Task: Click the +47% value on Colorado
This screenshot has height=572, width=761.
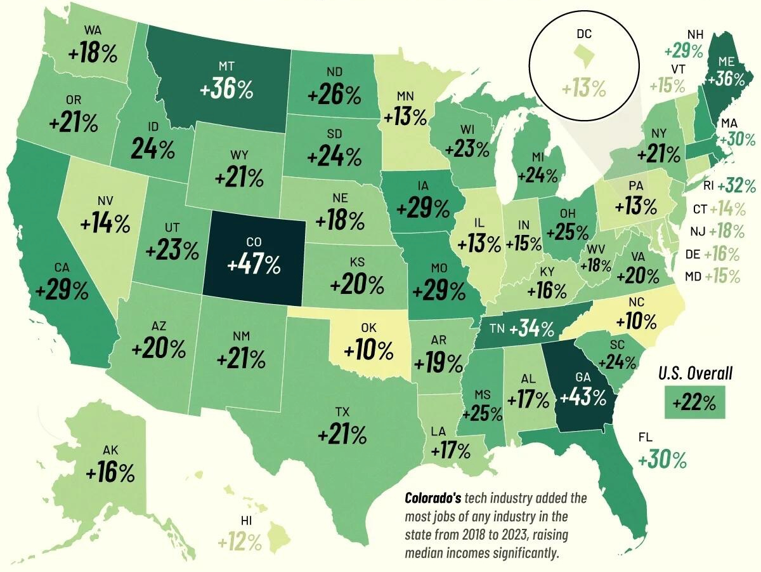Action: point(254,265)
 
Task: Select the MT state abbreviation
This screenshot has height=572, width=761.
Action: point(227,66)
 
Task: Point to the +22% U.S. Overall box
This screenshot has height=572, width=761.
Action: point(694,402)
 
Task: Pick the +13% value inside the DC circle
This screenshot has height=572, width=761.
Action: point(583,88)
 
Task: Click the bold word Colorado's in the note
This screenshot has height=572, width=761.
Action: point(431,497)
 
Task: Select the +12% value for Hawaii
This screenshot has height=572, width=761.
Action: point(240,542)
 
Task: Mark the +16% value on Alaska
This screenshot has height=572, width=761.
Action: point(111,472)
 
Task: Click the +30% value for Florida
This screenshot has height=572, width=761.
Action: point(663,460)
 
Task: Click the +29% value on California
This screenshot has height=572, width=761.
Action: point(62,291)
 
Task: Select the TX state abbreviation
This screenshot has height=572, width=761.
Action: point(342,413)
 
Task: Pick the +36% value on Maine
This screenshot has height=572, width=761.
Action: point(731,78)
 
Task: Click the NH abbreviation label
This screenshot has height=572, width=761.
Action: point(695,34)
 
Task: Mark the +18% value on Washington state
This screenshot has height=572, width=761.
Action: point(93,54)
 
